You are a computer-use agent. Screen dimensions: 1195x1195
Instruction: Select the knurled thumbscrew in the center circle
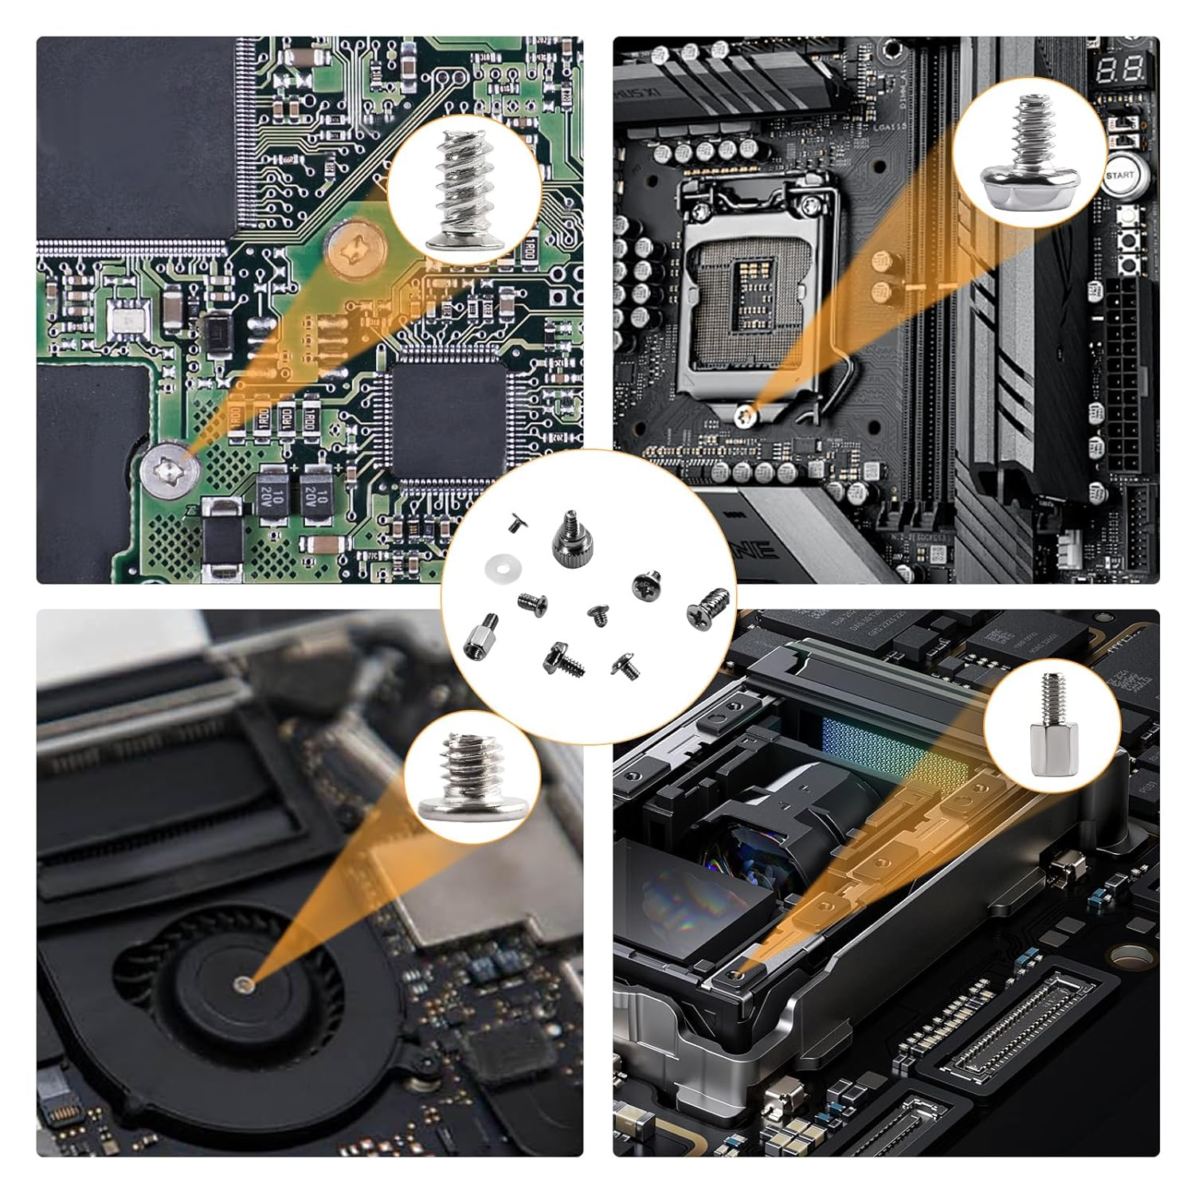567,533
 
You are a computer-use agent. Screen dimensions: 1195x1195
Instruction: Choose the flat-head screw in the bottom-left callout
454,777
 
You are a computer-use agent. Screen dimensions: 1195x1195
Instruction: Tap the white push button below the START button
1128,216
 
